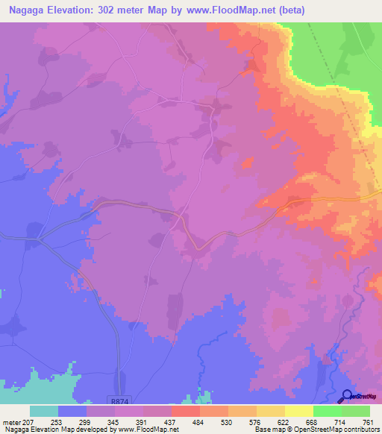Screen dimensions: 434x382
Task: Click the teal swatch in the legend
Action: [x=44, y=411]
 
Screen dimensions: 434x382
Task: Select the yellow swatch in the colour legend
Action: [x=299, y=411]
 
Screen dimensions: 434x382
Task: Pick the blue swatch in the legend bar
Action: [x=72, y=411]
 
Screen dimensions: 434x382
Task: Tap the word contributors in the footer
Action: [x=359, y=430]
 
